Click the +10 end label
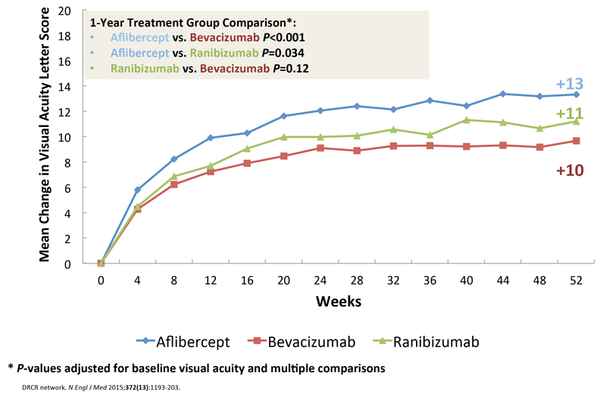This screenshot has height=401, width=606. coord(569,170)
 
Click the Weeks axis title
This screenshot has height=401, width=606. coord(339,300)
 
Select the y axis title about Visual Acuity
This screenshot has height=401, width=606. coord(45,136)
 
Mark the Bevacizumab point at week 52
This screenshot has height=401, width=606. coord(576,141)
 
